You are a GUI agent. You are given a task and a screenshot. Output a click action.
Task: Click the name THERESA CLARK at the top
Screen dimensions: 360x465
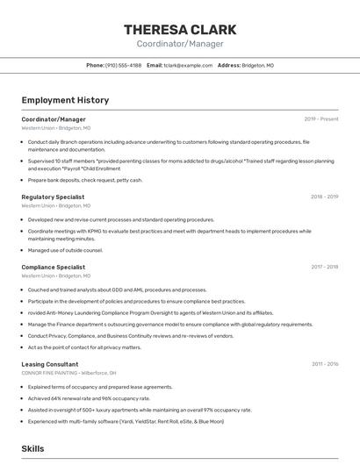click(180, 29)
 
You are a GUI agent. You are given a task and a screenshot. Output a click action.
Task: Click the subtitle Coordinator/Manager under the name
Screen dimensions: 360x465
click(180, 44)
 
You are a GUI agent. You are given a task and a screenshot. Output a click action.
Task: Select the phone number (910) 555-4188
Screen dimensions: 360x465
click(123, 65)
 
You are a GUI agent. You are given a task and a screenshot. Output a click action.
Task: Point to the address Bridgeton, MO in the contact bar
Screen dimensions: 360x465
click(257, 65)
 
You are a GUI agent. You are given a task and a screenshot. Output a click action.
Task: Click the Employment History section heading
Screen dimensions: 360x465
click(65, 100)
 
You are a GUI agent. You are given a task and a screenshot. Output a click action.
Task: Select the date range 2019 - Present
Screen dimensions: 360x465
click(321, 119)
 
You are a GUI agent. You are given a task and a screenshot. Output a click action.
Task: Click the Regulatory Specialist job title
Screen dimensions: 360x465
click(53, 197)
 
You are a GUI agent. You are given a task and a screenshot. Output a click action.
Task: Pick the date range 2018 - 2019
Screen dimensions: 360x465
click(324, 197)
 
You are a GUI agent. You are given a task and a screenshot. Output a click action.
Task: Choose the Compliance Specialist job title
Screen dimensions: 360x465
click(53, 267)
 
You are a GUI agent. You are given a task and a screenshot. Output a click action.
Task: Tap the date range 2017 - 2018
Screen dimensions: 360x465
click(324, 267)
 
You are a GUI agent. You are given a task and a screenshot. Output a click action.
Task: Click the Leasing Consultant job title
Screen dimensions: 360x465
click(49, 364)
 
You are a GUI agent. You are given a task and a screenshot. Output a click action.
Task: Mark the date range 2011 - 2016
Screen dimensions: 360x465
click(324, 364)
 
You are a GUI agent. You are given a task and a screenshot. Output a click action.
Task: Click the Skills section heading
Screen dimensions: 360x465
click(32, 448)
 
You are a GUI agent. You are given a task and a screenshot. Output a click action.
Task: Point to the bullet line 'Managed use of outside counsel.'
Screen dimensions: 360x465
click(65, 250)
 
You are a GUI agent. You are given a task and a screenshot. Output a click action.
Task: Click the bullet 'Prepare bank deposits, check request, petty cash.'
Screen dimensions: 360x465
click(84, 180)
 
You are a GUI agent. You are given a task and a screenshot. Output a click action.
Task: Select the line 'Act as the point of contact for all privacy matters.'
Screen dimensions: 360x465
click(84, 347)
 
